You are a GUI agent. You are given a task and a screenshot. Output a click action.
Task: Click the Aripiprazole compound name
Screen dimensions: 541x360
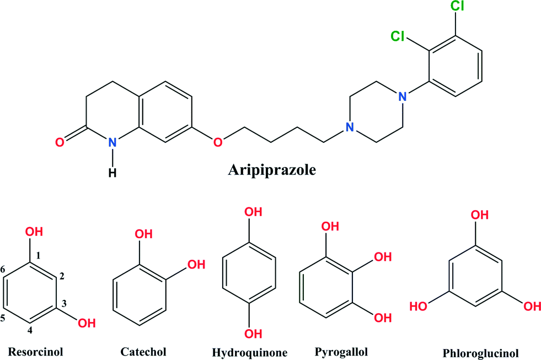pos(272,170)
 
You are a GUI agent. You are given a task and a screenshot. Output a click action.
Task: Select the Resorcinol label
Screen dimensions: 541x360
pos(35,352)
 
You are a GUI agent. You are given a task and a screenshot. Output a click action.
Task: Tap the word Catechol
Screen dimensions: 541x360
pos(143,352)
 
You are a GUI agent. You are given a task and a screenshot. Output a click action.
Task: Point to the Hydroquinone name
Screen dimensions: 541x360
pos(249,353)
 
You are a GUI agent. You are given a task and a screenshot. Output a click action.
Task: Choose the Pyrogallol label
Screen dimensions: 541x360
pos(341,352)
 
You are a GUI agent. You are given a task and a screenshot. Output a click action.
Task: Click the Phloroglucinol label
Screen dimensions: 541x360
pos(481,353)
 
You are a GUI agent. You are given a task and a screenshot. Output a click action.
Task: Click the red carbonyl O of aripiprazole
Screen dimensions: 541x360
pos(60,142)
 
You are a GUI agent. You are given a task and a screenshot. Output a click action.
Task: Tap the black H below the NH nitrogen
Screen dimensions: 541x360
pos(113,173)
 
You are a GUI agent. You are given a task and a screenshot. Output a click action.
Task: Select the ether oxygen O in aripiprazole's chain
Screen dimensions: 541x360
pos(218,142)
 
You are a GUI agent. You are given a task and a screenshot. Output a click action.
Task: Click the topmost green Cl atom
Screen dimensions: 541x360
pos(458,6)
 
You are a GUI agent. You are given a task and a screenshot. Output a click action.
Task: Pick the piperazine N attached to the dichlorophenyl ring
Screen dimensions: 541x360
pos(402,96)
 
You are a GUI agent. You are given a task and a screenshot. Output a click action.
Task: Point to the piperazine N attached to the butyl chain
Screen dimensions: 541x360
pos(350,127)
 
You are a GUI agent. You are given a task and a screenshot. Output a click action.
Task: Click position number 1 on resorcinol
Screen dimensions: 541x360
pos(38,255)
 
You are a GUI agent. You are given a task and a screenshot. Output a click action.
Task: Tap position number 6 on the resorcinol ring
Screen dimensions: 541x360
pos(3,269)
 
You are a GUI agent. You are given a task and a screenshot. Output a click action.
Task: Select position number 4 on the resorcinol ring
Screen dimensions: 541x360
pos(30,330)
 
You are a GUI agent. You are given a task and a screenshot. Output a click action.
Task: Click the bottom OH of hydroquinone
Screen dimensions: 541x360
pos(253,334)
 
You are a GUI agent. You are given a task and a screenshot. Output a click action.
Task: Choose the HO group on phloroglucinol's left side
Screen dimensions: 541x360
pos(419,306)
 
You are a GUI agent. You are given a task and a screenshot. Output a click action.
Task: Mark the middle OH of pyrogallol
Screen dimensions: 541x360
pos(383,257)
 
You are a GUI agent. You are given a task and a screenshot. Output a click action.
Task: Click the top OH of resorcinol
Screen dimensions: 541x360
pos(34,232)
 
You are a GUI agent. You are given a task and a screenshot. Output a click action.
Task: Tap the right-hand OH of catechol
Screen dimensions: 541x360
pos(196,265)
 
